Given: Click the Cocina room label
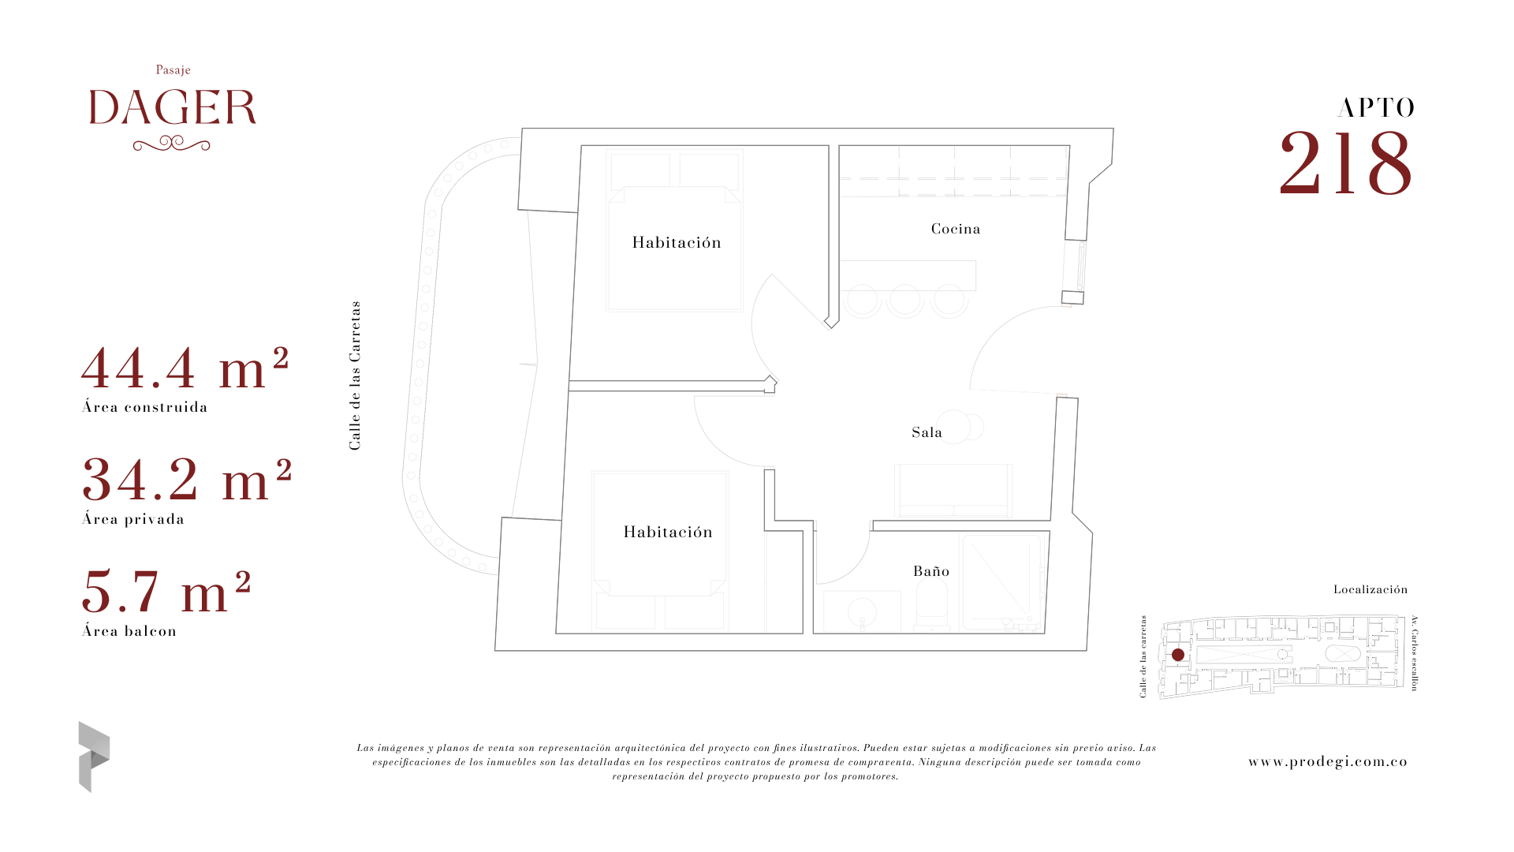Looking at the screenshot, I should click(956, 229).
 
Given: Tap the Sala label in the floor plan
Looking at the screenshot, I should click(927, 432).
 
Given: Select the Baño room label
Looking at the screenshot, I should click(931, 571).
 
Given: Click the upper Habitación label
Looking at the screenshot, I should click(677, 243).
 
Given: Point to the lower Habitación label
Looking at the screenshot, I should click(668, 532).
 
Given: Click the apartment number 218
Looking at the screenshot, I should click(1345, 163).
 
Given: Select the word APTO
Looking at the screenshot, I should click(1376, 108).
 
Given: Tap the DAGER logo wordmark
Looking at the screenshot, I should click(173, 108).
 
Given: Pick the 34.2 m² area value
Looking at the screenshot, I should click(187, 480).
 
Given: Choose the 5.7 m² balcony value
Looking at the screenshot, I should click(166, 592).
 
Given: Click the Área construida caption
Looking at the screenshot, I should click(145, 407).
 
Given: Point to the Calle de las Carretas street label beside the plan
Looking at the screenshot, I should click(355, 376).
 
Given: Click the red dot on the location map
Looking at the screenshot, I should click(1178, 655).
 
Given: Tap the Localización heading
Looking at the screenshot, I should click(1370, 589).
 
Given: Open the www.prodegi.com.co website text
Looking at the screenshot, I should click(1328, 761).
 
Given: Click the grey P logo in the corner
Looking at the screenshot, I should click(94, 757).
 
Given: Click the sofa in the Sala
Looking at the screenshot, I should click(953, 491).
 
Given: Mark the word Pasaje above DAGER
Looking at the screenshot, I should click(173, 70).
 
